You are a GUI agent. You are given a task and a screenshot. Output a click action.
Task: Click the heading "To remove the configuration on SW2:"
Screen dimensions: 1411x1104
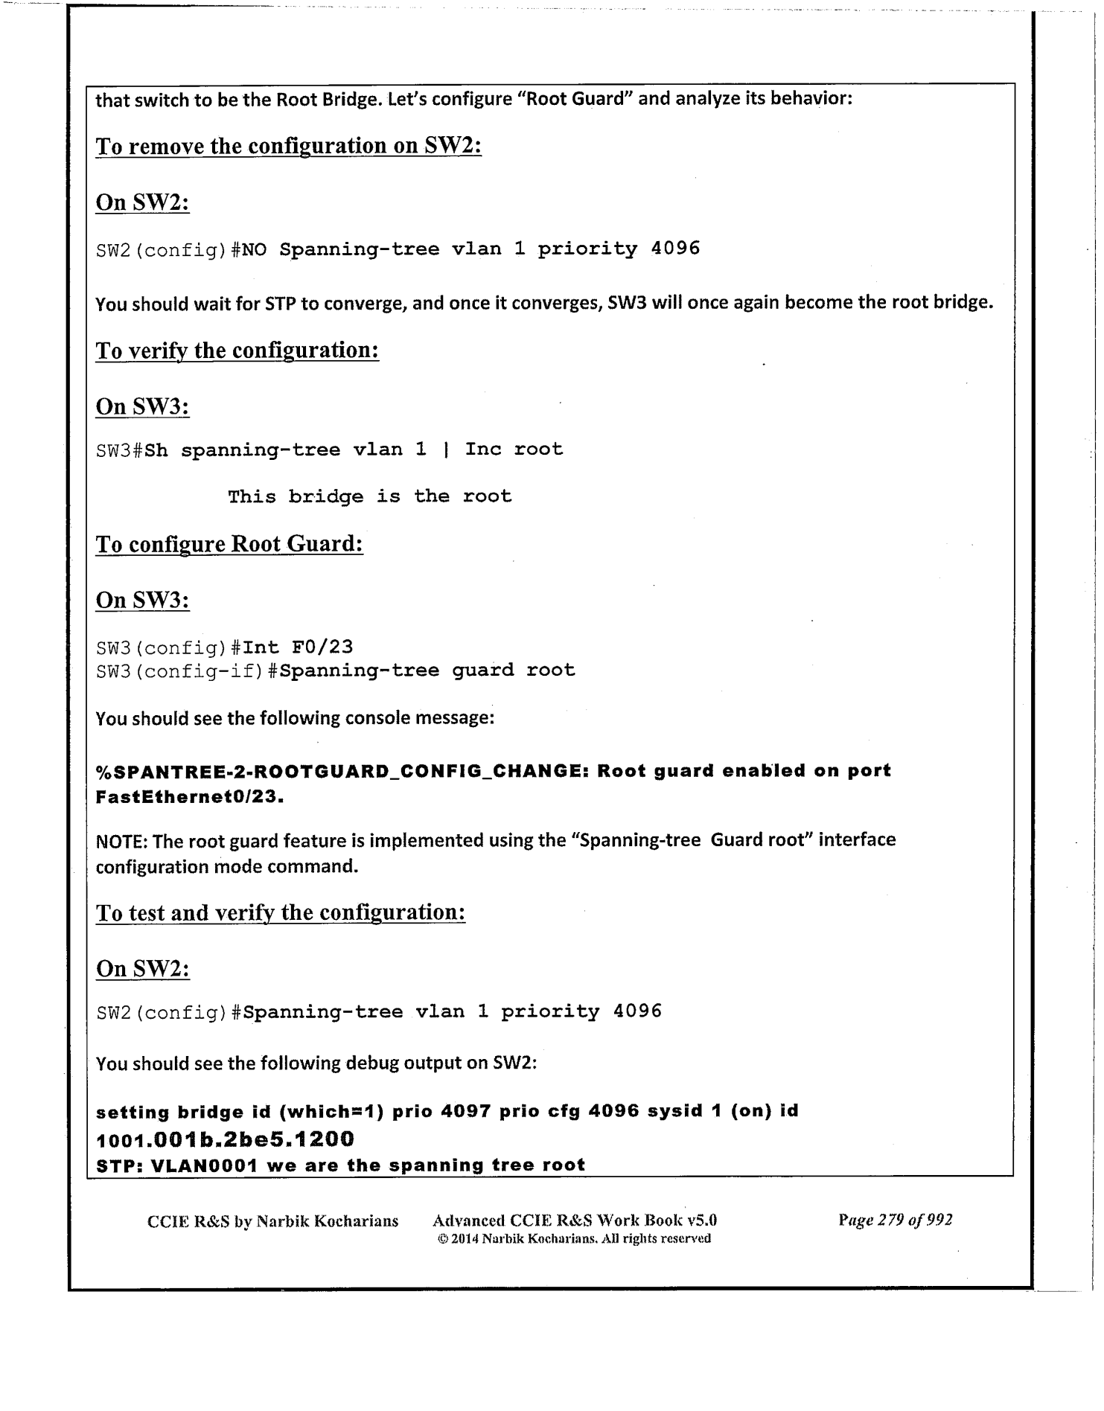[289, 146]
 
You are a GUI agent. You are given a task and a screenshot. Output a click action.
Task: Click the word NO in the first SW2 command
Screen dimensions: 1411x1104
[254, 249]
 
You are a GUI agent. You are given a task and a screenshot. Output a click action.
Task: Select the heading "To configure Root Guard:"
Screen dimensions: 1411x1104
[229, 544]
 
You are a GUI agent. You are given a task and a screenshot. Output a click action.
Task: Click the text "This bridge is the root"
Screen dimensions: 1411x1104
[369, 496]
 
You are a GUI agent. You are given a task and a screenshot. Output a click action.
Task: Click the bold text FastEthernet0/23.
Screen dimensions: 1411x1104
[191, 797]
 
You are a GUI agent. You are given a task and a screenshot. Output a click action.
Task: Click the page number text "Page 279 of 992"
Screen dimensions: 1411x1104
[895, 1220]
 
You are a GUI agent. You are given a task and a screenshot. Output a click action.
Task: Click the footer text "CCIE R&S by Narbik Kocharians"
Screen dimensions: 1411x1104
[273, 1221]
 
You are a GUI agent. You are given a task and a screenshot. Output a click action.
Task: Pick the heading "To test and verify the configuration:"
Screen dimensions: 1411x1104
[281, 913]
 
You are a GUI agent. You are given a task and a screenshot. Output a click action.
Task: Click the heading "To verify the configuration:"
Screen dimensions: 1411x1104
[237, 351]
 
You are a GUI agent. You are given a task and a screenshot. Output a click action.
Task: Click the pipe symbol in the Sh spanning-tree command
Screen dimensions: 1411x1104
[445, 449]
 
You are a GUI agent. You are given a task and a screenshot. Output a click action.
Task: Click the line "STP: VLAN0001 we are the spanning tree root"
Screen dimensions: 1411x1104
[341, 1165]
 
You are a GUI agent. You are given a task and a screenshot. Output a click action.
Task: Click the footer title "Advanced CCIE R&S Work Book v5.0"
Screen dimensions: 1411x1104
[574, 1220]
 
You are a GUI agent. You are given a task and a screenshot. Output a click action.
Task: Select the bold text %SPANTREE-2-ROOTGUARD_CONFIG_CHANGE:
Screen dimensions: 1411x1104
[343, 771]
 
